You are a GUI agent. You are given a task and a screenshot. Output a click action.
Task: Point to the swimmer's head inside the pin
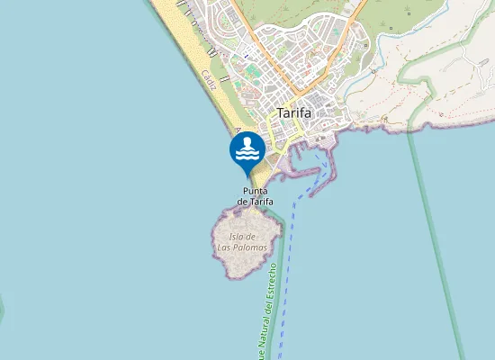pyautogui.click(x=247, y=142)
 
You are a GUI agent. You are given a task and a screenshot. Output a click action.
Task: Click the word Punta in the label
pyautogui.click(x=255, y=191)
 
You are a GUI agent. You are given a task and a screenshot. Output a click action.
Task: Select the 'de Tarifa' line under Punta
pyautogui.click(x=255, y=202)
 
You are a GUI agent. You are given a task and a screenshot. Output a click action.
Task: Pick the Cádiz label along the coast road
pyautogui.click(x=210, y=82)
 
